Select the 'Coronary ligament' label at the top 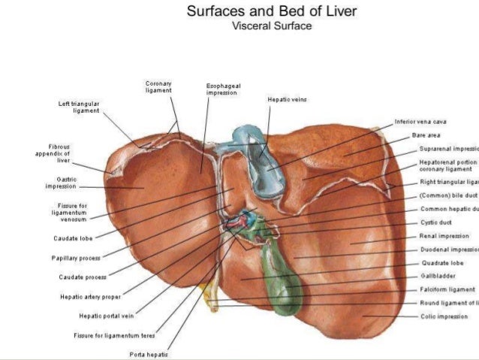click(x=158, y=86)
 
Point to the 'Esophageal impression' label click(x=222, y=89)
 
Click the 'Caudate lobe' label click(x=73, y=239)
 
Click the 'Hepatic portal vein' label click(x=106, y=316)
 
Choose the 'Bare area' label click(x=426, y=135)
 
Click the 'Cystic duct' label click(x=435, y=222)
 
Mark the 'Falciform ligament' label click(x=447, y=289)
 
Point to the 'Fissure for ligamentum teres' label click(x=115, y=335)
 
